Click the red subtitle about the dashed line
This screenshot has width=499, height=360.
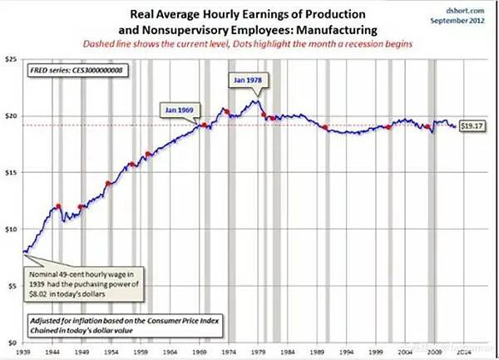pos(257,44)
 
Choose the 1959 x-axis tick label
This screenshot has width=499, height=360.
pos(141,352)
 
